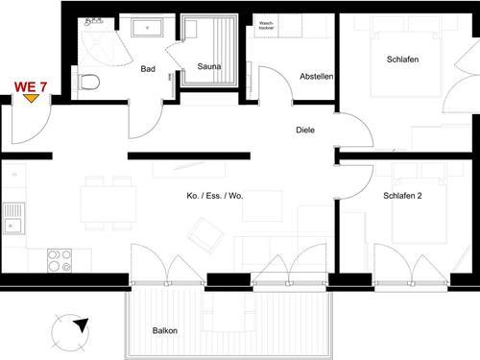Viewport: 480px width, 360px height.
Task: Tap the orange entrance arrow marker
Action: pos(31,98)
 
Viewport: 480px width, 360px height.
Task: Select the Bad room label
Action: pos(148,69)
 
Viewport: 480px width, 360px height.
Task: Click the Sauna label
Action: pos(209,66)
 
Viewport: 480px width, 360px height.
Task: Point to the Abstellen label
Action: pos(316,76)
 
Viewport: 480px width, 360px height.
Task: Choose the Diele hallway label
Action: pos(305,130)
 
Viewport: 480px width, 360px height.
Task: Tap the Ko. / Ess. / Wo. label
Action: pos(215,196)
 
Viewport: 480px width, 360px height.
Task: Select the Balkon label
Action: pos(165,330)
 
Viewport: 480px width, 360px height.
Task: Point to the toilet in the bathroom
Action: pos(88,81)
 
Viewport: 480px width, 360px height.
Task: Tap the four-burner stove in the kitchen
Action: pos(60,259)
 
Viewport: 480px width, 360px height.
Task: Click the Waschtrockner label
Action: pos(266,26)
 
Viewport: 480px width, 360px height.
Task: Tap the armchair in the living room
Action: pos(204,233)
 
